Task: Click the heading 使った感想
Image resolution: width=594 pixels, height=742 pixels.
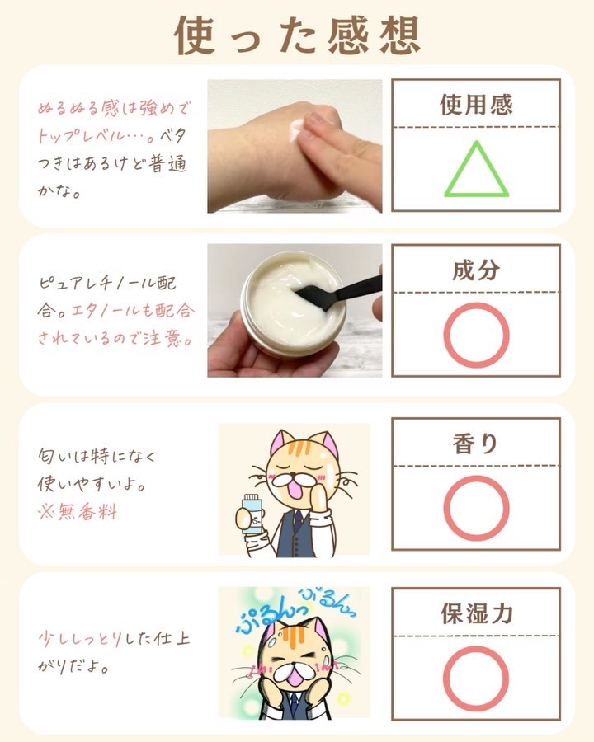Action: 298,35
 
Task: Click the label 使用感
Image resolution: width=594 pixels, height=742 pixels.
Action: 476,105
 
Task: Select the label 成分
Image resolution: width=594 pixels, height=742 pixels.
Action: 476,270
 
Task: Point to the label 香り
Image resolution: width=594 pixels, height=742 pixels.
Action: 475,444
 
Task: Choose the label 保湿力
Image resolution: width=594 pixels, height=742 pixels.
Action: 477,613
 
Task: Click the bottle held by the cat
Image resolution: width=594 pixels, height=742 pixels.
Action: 251,514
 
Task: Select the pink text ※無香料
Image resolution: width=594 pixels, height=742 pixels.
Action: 78,511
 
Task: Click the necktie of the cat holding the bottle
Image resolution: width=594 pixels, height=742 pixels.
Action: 297,520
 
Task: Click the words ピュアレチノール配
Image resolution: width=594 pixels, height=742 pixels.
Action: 107,283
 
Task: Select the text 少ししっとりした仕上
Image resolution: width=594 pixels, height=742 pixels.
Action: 114,639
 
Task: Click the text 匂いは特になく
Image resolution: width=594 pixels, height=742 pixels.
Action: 97,456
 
